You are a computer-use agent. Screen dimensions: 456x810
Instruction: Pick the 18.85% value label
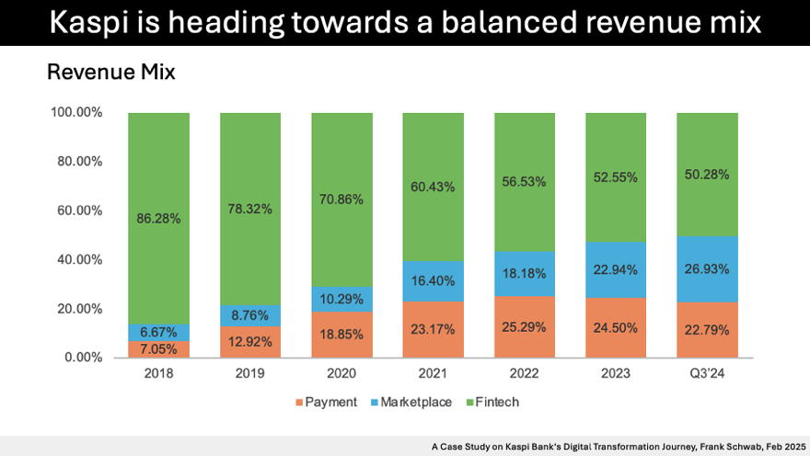point(341,335)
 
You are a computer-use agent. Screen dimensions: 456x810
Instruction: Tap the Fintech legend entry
point(499,402)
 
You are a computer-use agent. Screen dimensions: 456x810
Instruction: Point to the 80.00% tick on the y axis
point(77,162)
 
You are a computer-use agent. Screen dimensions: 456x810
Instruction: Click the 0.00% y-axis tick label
point(81,358)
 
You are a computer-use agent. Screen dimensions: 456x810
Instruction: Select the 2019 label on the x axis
point(249,374)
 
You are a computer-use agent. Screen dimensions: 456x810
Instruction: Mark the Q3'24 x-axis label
point(707,374)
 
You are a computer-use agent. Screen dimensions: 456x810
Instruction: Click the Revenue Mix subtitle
point(110,72)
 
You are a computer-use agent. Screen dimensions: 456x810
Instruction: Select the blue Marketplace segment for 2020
point(341,299)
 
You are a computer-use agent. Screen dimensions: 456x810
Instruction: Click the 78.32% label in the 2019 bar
point(249,209)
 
